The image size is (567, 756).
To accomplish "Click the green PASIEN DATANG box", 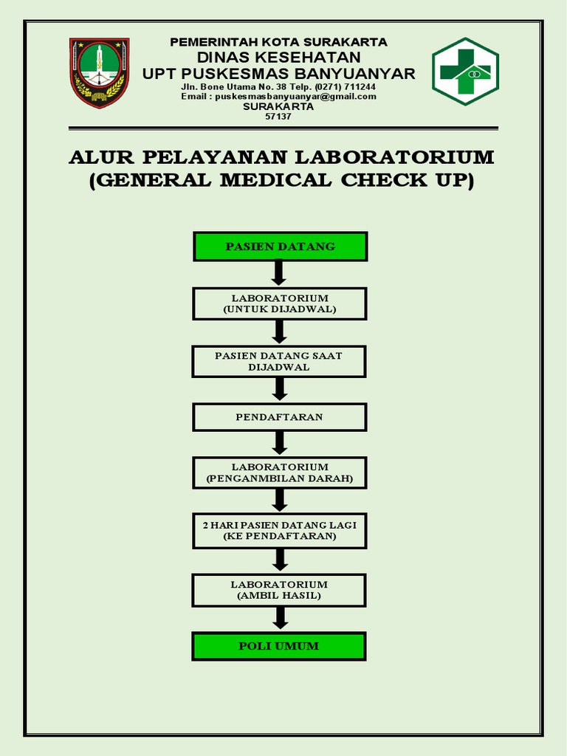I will [280, 247].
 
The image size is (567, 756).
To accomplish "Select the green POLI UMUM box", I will [279, 646].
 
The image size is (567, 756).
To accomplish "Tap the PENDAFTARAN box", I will [279, 417].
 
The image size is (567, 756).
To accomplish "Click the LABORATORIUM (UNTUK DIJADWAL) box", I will [279, 303].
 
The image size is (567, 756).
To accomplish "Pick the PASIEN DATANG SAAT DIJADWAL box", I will [279, 361].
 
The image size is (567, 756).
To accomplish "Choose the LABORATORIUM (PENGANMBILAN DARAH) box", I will [279, 473].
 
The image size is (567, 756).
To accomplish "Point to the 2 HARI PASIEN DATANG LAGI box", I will [279, 531].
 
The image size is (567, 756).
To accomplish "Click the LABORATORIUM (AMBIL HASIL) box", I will [279, 590].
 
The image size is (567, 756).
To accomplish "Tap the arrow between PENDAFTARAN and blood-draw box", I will [279, 444].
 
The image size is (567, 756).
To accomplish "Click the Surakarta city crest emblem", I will [100, 72].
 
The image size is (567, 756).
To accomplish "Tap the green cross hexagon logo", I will [465, 72].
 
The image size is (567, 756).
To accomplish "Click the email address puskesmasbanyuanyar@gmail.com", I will [295, 97].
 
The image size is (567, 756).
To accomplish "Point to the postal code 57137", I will [278, 116].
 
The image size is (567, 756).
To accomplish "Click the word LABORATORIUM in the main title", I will [395, 158].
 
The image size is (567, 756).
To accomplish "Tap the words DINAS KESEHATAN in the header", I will [278, 58].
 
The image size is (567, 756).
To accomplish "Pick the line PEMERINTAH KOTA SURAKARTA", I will [278, 42].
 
